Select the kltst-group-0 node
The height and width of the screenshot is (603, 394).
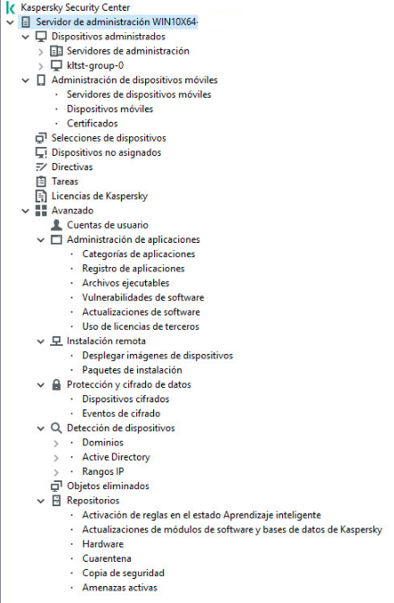click(x=95, y=65)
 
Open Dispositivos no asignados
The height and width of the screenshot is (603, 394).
click(x=93, y=152)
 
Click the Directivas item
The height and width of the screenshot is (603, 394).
click(x=72, y=167)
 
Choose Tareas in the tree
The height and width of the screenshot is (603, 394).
click(x=64, y=181)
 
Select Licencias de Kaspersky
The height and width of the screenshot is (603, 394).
click(x=99, y=195)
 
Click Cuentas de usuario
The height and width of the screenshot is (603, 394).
click(x=107, y=225)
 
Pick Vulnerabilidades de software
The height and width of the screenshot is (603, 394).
click(x=143, y=297)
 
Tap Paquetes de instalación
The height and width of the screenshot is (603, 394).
click(x=132, y=370)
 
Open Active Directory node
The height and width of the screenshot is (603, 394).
click(x=116, y=457)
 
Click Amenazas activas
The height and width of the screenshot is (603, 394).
click(x=119, y=588)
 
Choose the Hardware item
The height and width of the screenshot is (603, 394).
click(x=103, y=544)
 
